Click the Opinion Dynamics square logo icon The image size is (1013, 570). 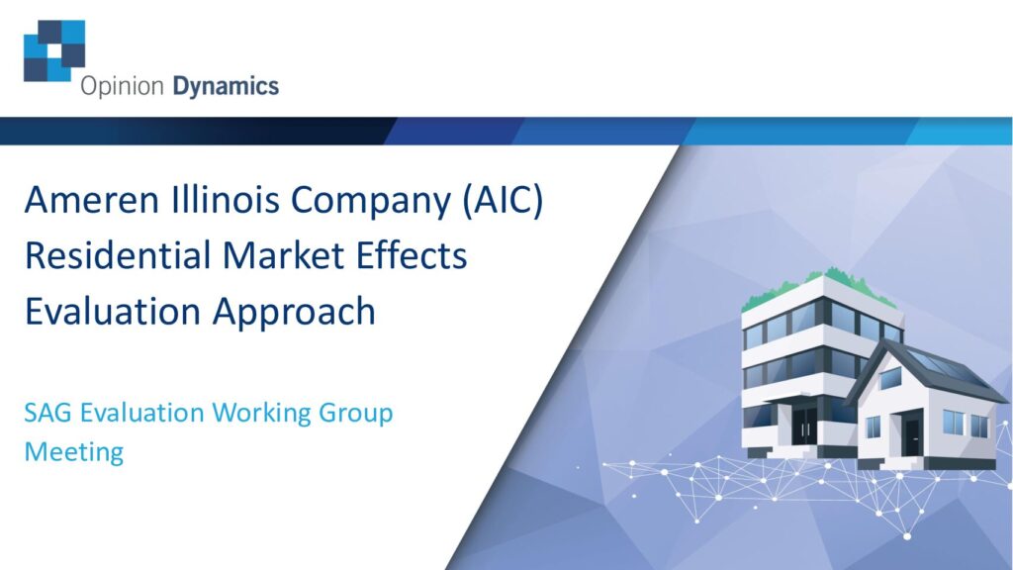coord(54,51)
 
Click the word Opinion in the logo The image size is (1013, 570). coord(122,87)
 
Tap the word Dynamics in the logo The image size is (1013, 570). coord(226,87)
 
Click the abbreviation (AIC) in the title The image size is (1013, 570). coord(504,200)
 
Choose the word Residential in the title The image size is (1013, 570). coord(119,254)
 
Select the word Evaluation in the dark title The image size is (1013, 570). coord(113,311)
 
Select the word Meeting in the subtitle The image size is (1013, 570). coord(73,452)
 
